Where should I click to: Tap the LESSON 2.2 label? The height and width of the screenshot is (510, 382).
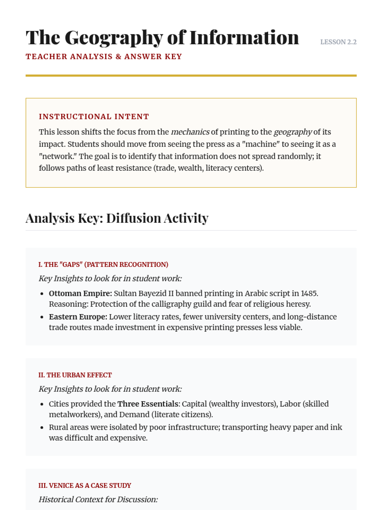(338, 42)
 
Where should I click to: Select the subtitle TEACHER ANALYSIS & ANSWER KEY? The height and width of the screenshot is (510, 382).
(103, 56)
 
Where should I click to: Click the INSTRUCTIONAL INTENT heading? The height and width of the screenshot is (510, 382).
(94, 117)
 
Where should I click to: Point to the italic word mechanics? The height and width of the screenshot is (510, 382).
(190, 132)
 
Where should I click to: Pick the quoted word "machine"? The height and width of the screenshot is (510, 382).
(261, 144)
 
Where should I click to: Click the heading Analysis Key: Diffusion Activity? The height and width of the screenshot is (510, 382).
(117, 218)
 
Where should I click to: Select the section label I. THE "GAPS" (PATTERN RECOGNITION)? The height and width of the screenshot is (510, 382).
(103, 265)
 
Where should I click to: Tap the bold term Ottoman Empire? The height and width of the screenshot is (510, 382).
(80, 293)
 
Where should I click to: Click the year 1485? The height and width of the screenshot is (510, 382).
(309, 293)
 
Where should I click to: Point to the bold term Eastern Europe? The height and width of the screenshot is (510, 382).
(78, 317)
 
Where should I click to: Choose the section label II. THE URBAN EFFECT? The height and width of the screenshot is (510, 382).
(75, 375)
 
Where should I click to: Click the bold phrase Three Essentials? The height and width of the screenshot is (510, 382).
(147, 404)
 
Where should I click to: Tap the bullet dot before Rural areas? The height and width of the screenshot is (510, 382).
(42, 427)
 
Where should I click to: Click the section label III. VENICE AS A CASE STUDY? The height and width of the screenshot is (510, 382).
(85, 486)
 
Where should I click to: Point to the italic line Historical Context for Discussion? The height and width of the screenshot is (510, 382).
(98, 499)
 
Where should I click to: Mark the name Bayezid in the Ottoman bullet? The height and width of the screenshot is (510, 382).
(151, 293)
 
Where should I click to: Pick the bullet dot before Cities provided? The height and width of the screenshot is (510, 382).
(42, 404)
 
